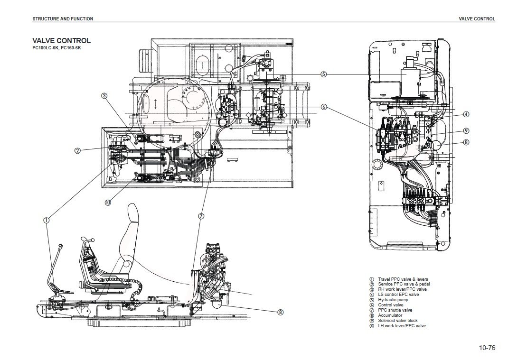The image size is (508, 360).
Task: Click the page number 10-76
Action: click(487, 348)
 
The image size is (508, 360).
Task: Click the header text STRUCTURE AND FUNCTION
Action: click(63, 19)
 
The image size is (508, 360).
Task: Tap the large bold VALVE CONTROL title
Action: click(61, 41)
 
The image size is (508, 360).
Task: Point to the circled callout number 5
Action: click(323, 74)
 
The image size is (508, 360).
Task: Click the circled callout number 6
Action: click(323, 107)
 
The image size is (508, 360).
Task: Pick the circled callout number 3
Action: click(104, 95)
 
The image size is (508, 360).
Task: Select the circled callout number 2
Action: click(77, 151)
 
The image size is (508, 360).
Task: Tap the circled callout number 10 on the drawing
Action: click(108, 202)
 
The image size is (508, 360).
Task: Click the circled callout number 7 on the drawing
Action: click(201, 216)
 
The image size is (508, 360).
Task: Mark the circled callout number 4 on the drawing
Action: click(466, 114)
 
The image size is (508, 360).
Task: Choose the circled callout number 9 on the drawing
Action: click(466, 130)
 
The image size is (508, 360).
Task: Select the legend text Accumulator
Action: click(390, 315)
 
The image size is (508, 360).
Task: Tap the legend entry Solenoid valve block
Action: click(397, 321)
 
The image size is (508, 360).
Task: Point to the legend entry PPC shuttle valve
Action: click(395, 310)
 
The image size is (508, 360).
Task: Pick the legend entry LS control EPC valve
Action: click(398, 295)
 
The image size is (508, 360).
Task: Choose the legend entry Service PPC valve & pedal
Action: click(404, 284)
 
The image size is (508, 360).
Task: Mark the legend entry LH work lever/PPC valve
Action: click(402, 326)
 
